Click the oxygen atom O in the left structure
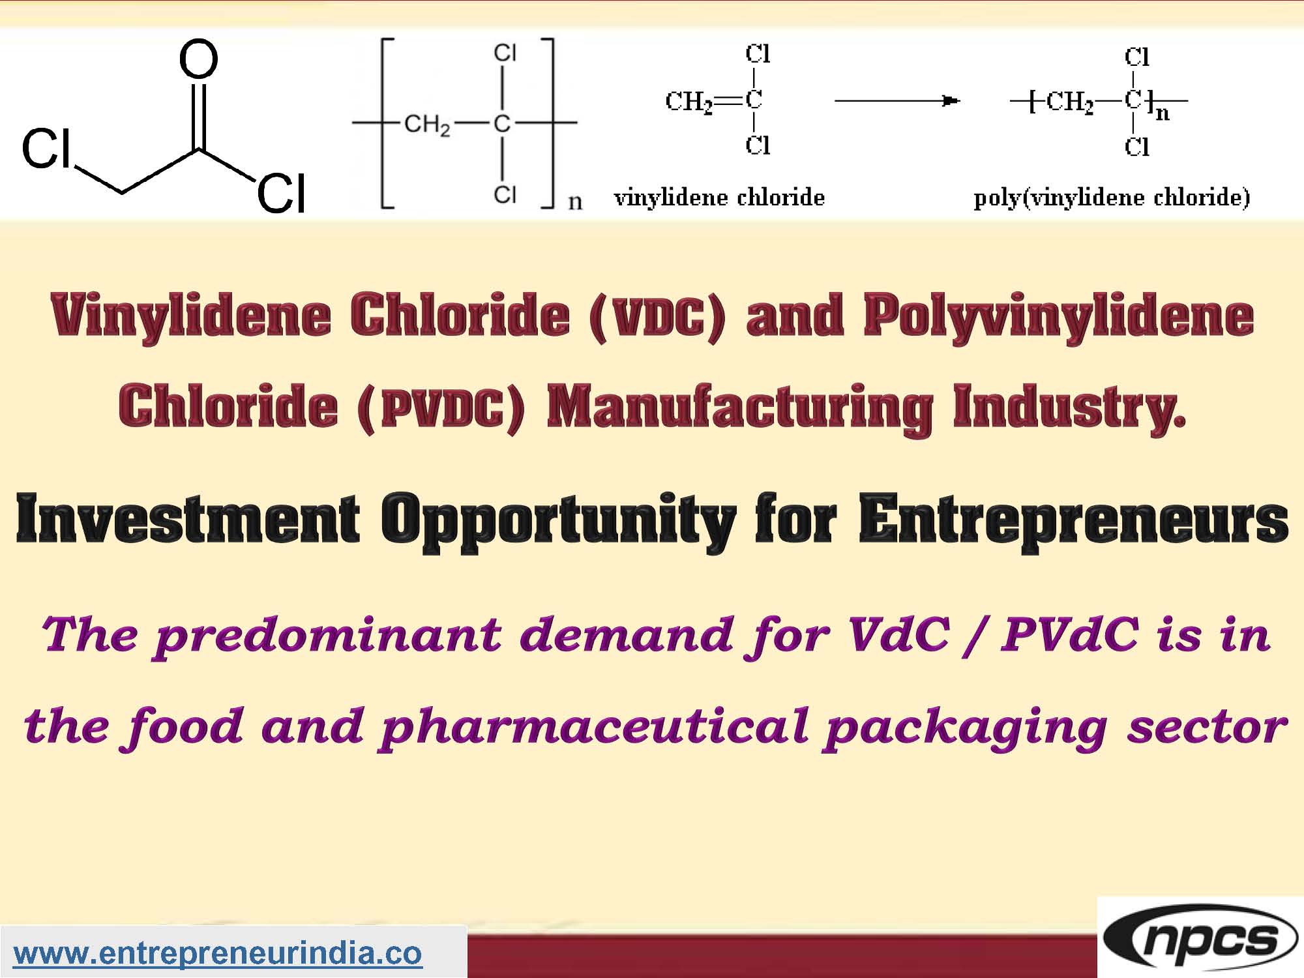(198, 59)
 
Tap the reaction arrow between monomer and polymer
(896, 101)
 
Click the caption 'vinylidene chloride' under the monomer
(719, 197)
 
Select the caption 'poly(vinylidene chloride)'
(1112, 197)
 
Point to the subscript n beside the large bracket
(574, 201)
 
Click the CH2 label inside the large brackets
(427, 123)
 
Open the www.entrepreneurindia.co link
(218, 953)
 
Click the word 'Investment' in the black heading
(187, 520)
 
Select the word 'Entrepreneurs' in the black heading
(1073, 520)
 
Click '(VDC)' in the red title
(657, 317)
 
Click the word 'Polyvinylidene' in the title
(1058, 317)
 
